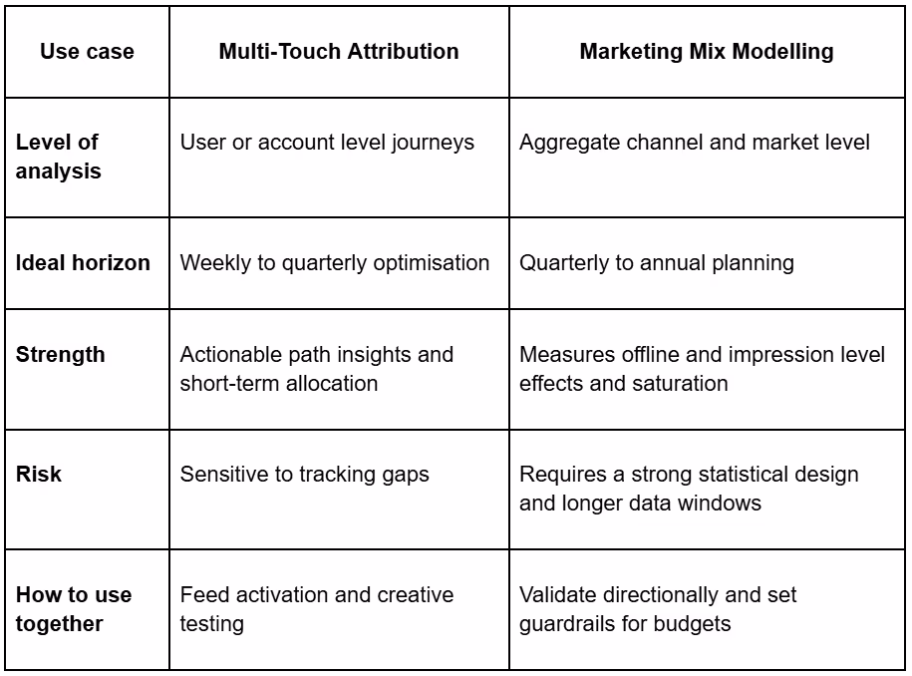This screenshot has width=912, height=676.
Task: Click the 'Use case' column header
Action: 87,52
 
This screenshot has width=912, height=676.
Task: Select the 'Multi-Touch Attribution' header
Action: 339,52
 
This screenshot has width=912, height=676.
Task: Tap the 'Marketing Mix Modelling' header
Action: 707,52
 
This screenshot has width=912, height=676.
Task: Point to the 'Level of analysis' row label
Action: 58,157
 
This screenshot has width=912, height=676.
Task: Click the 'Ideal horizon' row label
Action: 83,263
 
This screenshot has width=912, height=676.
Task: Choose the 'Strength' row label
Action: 60,355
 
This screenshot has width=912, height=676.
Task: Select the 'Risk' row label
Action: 38,474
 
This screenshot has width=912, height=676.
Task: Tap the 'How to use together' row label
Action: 73,609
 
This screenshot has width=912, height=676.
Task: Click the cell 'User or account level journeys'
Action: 327,143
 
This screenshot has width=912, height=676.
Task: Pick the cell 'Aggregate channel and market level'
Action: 695,143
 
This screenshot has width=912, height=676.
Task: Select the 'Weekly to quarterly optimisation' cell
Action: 334,263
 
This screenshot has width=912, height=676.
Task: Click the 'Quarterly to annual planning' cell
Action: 656,263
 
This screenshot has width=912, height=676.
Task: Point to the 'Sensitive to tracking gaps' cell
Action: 304,474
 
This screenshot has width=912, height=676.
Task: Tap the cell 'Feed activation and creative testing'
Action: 316,609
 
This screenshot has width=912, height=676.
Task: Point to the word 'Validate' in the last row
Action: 556,595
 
